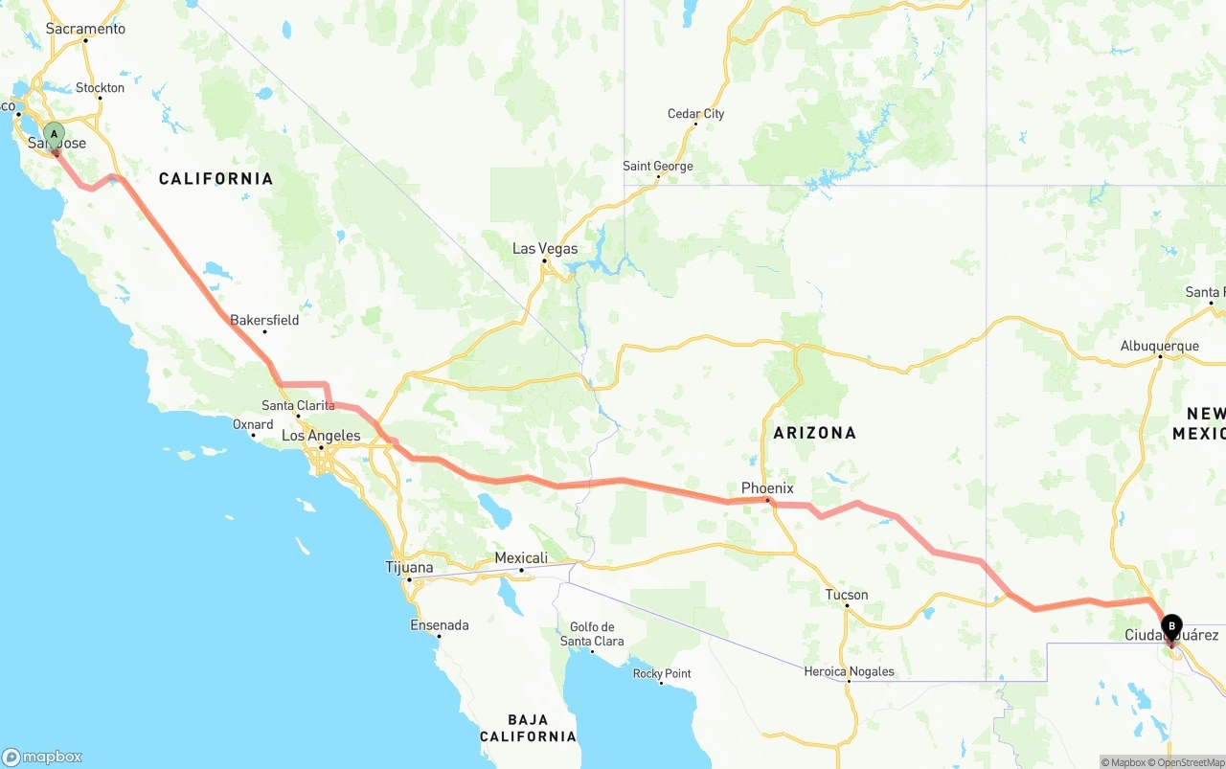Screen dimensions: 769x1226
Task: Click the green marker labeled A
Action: (x=55, y=135)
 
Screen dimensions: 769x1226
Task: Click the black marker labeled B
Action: (x=1170, y=628)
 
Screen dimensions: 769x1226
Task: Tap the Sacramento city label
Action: (x=85, y=29)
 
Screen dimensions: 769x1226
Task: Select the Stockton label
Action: (x=100, y=88)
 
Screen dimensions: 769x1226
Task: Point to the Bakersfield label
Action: (x=264, y=320)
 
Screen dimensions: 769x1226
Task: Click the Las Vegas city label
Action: (x=545, y=249)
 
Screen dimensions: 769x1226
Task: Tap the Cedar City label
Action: (x=695, y=114)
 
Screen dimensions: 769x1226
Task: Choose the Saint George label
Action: (x=657, y=167)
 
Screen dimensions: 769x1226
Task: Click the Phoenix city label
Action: (x=767, y=488)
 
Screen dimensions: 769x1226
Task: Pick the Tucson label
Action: (x=847, y=595)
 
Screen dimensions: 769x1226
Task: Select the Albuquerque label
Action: (x=1159, y=347)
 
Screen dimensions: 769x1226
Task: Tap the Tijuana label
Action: (x=409, y=568)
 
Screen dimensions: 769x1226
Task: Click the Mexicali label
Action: (x=521, y=558)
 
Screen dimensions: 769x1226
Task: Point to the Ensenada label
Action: (x=440, y=625)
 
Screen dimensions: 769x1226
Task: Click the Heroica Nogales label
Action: (x=849, y=671)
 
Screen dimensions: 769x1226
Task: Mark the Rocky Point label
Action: (x=662, y=673)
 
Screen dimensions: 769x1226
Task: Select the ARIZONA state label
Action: (x=814, y=433)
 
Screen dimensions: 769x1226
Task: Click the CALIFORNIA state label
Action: (x=216, y=179)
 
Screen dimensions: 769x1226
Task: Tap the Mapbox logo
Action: (x=42, y=757)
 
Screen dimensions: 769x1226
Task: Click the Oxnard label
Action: (x=253, y=424)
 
